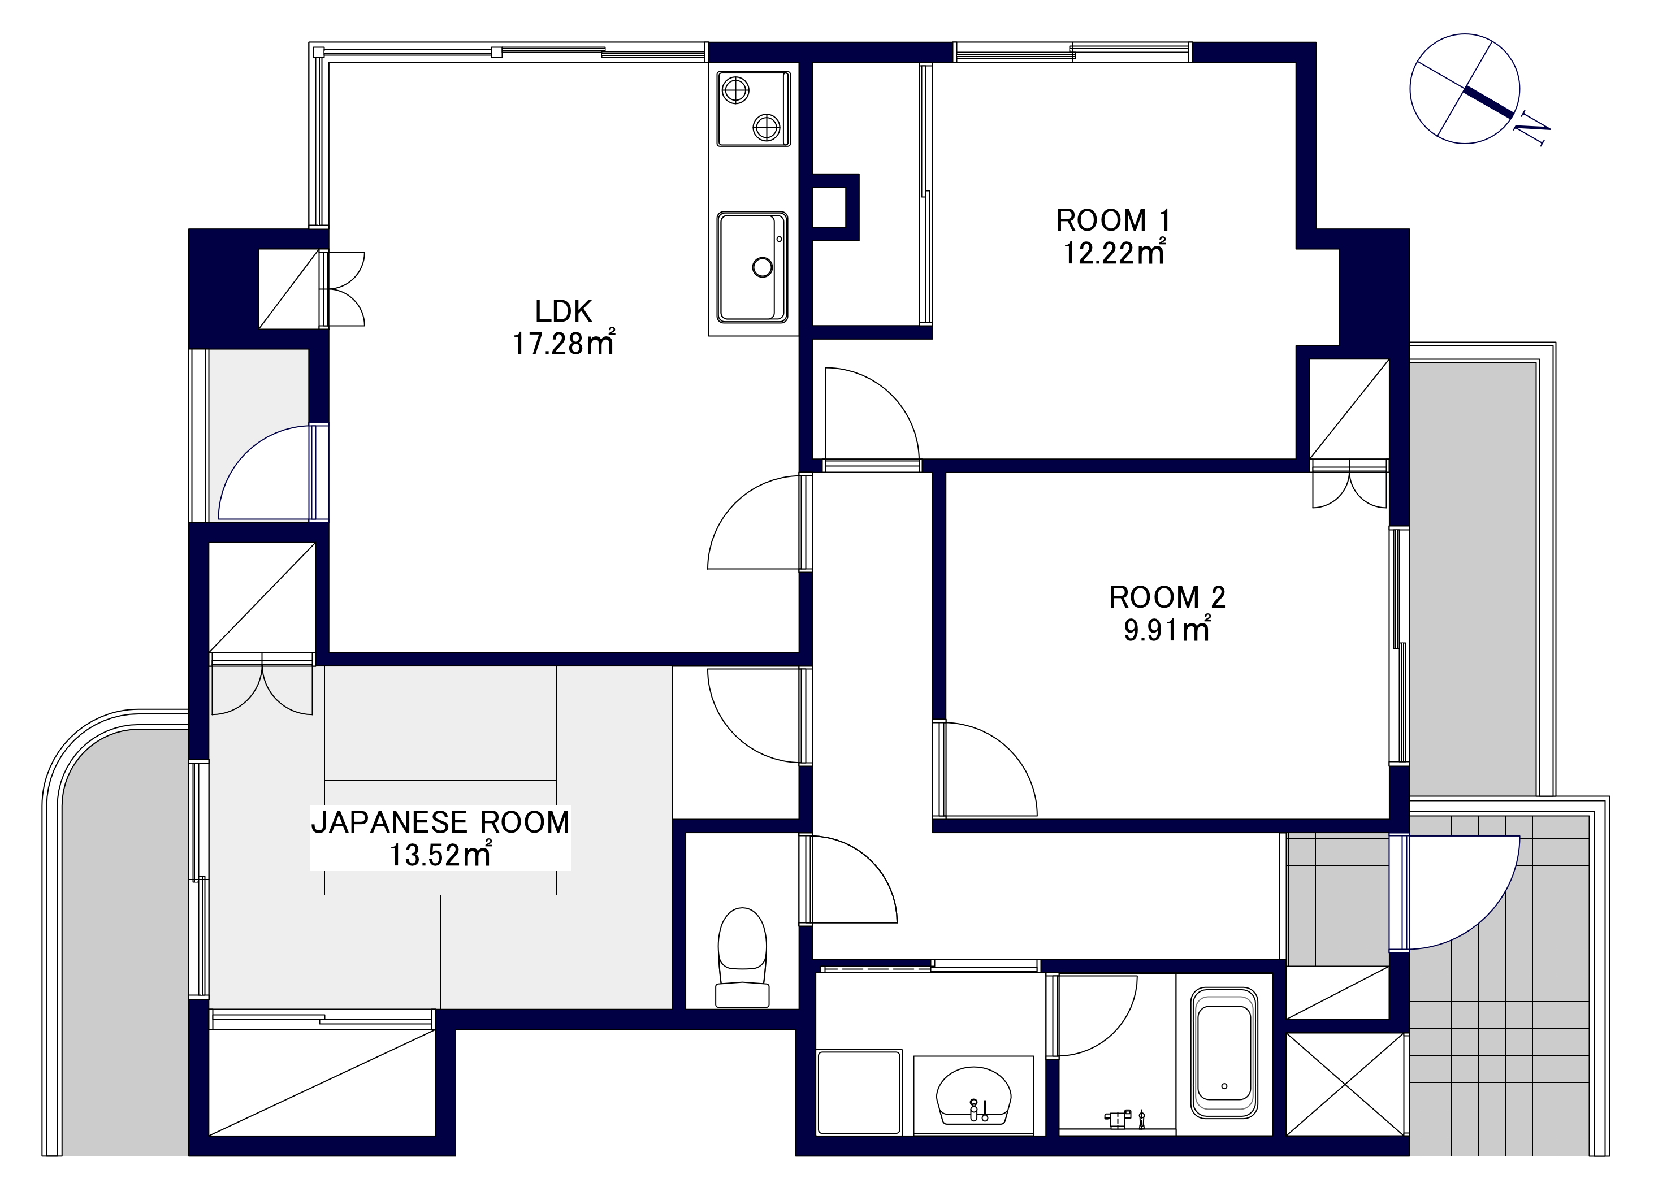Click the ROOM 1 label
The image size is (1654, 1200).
coord(1113,220)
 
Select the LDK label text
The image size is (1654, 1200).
coord(563,311)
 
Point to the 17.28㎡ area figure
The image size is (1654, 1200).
coord(564,343)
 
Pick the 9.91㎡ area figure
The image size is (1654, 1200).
coord(1167,629)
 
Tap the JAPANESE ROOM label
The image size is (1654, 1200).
coord(440,822)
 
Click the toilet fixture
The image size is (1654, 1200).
coord(742,958)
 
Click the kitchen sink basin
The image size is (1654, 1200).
coord(752,267)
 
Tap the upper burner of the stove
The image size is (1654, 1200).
coord(735,90)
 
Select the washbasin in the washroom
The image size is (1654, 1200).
coord(973,1096)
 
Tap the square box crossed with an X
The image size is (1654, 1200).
coord(1345,1084)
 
